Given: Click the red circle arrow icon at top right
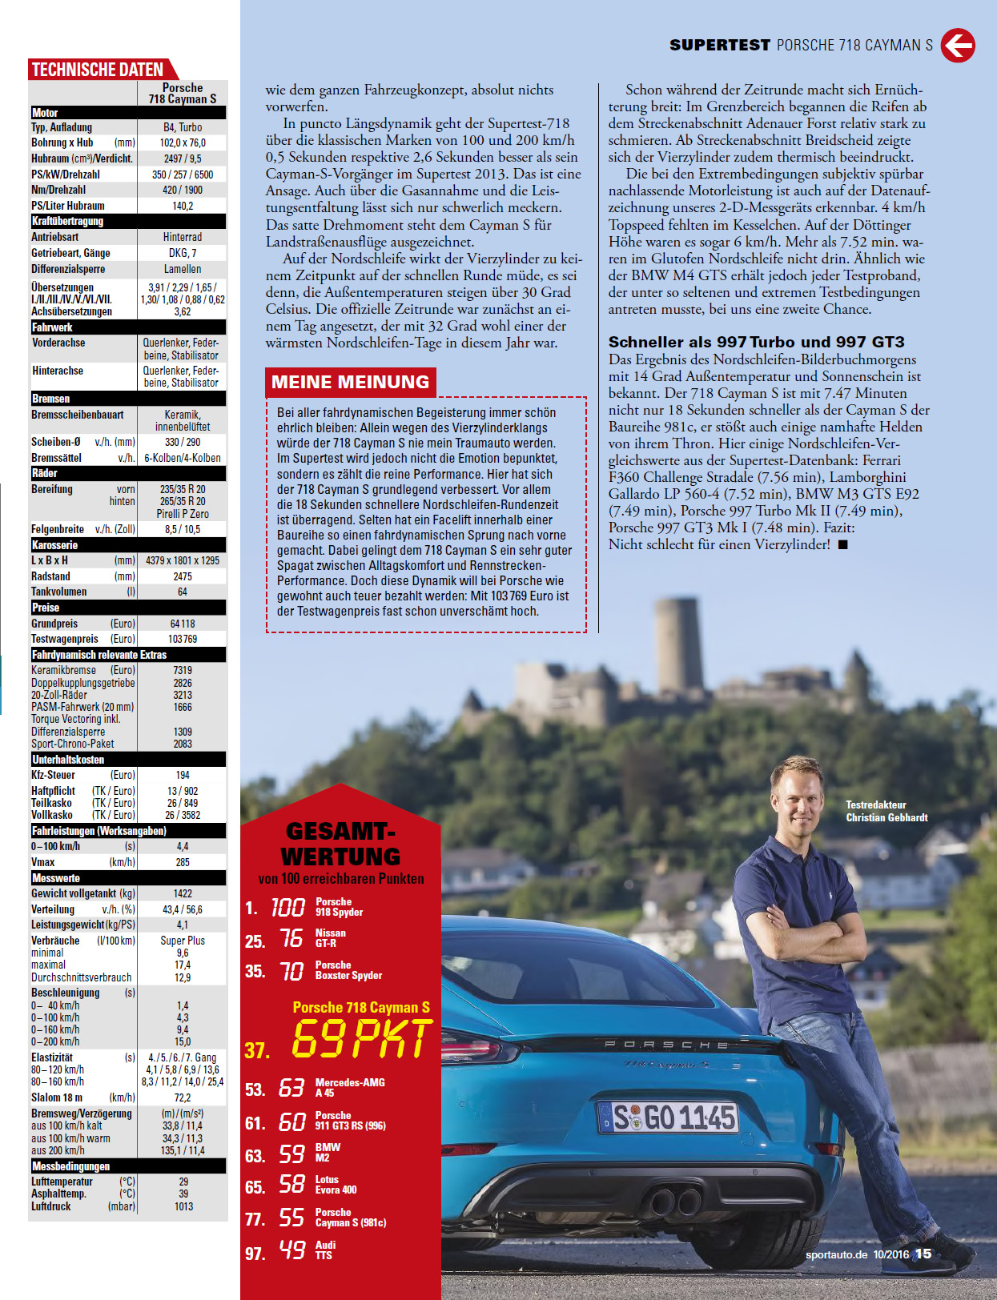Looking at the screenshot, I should click(x=958, y=46).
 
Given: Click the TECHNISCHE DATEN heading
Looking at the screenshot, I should click(x=98, y=70).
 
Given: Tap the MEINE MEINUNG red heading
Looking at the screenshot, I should click(x=350, y=382).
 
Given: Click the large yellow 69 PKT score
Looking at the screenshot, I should click(x=362, y=1039).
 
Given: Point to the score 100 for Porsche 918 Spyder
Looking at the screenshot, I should click(x=287, y=907).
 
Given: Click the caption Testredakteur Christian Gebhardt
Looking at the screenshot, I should click(x=886, y=811).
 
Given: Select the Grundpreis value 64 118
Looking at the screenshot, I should click(x=183, y=624).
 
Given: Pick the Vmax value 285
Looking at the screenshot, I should click(x=183, y=862).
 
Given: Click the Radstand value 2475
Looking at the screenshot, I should click(x=183, y=576).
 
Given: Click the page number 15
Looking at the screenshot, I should click(x=923, y=1254).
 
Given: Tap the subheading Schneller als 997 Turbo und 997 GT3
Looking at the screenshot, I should click(x=756, y=342).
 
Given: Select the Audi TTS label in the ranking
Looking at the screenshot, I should click(x=325, y=1250).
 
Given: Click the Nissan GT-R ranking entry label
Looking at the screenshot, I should click(x=330, y=938).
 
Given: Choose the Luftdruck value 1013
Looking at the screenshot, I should click(x=183, y=1206).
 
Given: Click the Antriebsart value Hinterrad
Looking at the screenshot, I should click(x=183, y=237).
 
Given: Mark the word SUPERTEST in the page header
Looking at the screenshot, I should click(x=719, y=46).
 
